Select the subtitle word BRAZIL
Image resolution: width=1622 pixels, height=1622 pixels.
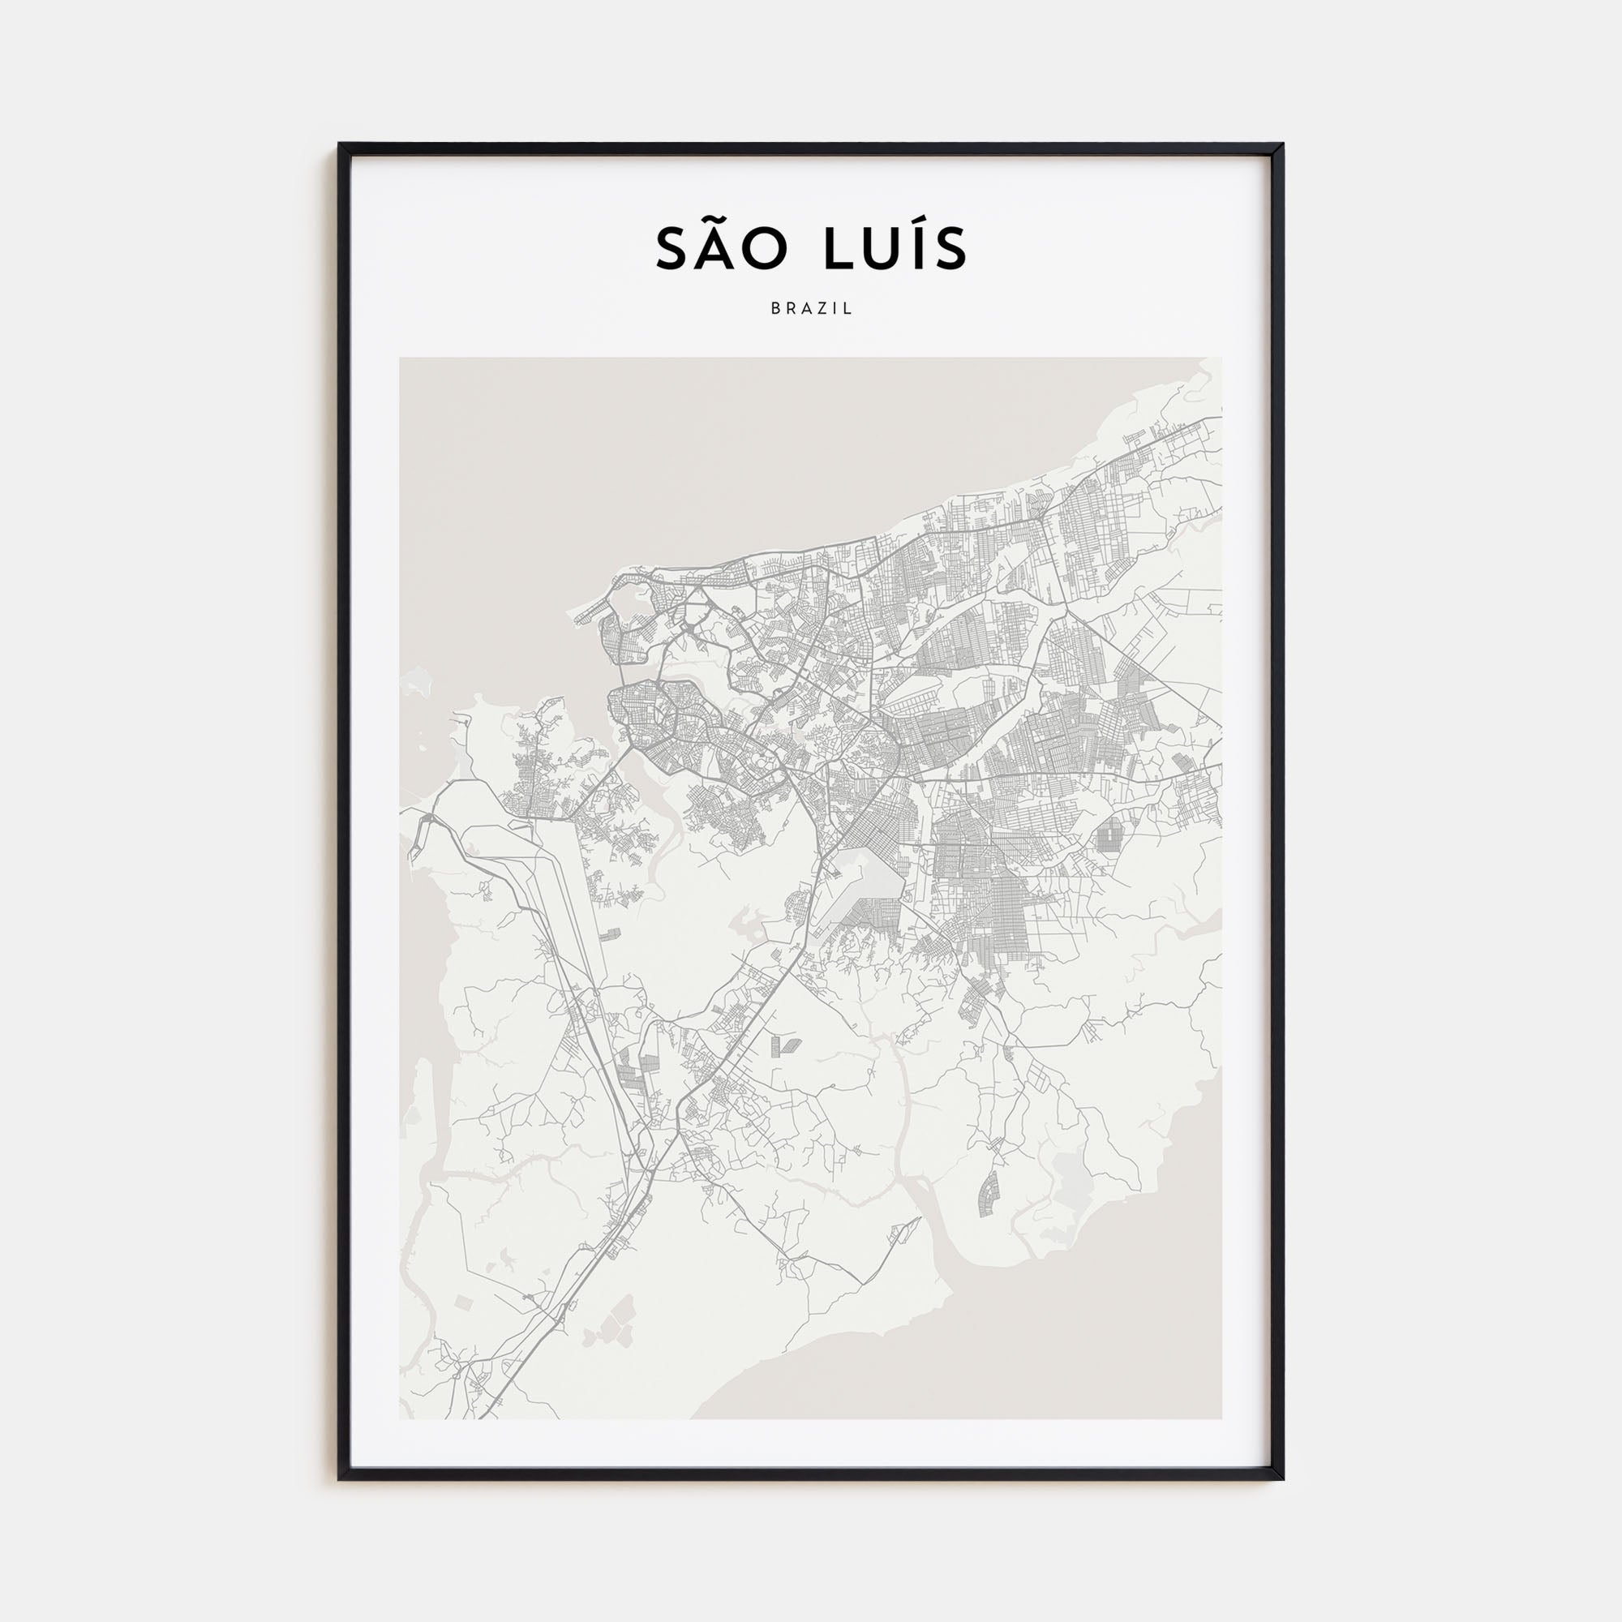click(811, 309)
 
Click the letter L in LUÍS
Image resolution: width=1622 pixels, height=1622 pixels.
click(836, 249)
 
